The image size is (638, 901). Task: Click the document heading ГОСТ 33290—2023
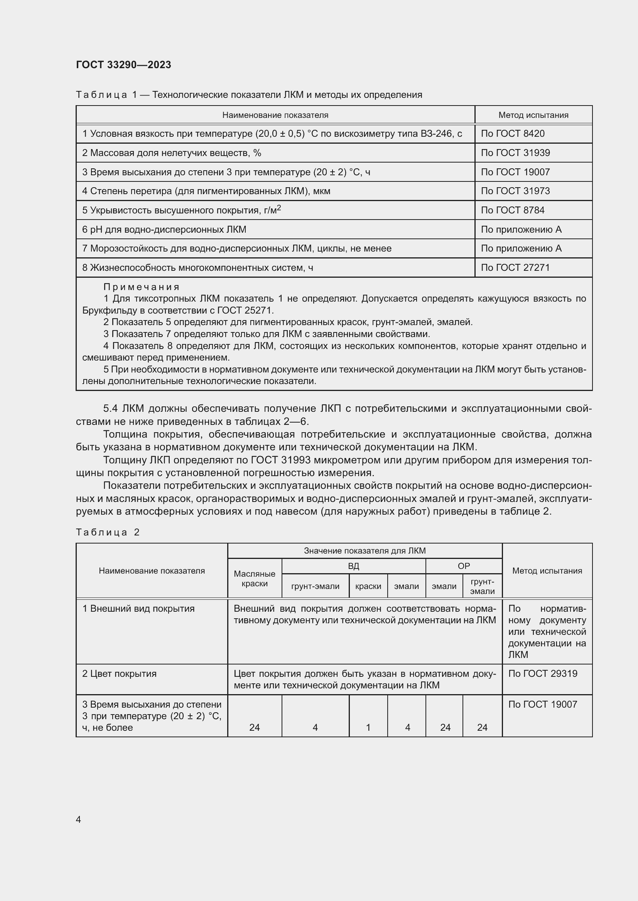[x=123, y=65]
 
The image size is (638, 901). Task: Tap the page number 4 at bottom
[x=78, y=819]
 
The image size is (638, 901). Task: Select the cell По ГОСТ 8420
[x=513, y=134]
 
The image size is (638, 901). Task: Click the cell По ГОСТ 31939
[x=515, y=153]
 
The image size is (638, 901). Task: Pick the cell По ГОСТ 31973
[x=515, y=191]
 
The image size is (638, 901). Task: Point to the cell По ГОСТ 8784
[x=513, y=210]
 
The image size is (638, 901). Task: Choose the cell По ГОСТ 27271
[x=515, y=268]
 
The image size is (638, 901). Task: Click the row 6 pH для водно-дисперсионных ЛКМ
[x=164, y=230]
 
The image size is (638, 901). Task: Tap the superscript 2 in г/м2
[x=279, y=208]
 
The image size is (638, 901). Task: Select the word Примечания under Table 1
[x=142, y=287]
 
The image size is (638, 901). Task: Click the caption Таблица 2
[x=108, y=532]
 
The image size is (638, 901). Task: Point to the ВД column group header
[x=353, y=566]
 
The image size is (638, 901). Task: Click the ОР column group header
[x=464, y=566]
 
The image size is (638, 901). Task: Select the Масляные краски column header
[x=255, y=579]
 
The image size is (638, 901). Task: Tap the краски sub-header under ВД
[x=368, y=586]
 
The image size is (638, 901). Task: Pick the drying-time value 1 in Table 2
[x=368, y=728]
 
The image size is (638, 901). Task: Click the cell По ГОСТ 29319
[x=543, y=674]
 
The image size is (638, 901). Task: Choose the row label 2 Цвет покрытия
[x=120, y=674]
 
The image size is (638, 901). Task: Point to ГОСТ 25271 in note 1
[x=245, y=310]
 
